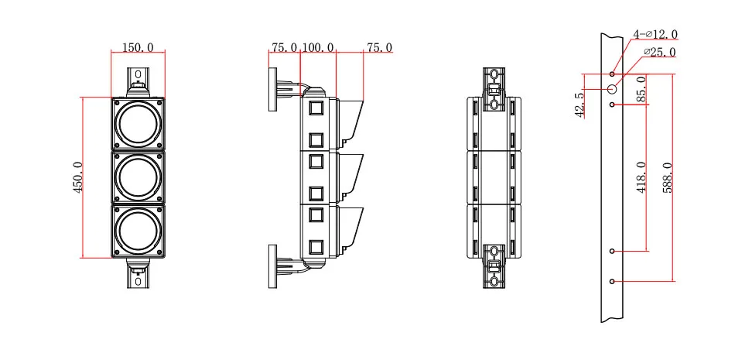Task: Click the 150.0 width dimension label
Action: (138, 48)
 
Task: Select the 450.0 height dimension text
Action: (78, 178)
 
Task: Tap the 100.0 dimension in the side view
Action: (317, 48)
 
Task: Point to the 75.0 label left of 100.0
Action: (284, 48)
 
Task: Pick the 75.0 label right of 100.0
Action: (379, 48)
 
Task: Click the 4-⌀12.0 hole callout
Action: (655, 35)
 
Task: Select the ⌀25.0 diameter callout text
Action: (659, 53)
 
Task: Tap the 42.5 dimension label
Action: (579, 104)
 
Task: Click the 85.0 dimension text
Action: (641, 89)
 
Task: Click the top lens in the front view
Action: (138, 124)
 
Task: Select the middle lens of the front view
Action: (138, 177)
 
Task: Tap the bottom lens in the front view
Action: (138, 231)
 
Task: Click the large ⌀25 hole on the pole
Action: (612, 89)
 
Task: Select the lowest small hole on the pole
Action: (612, 281)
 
